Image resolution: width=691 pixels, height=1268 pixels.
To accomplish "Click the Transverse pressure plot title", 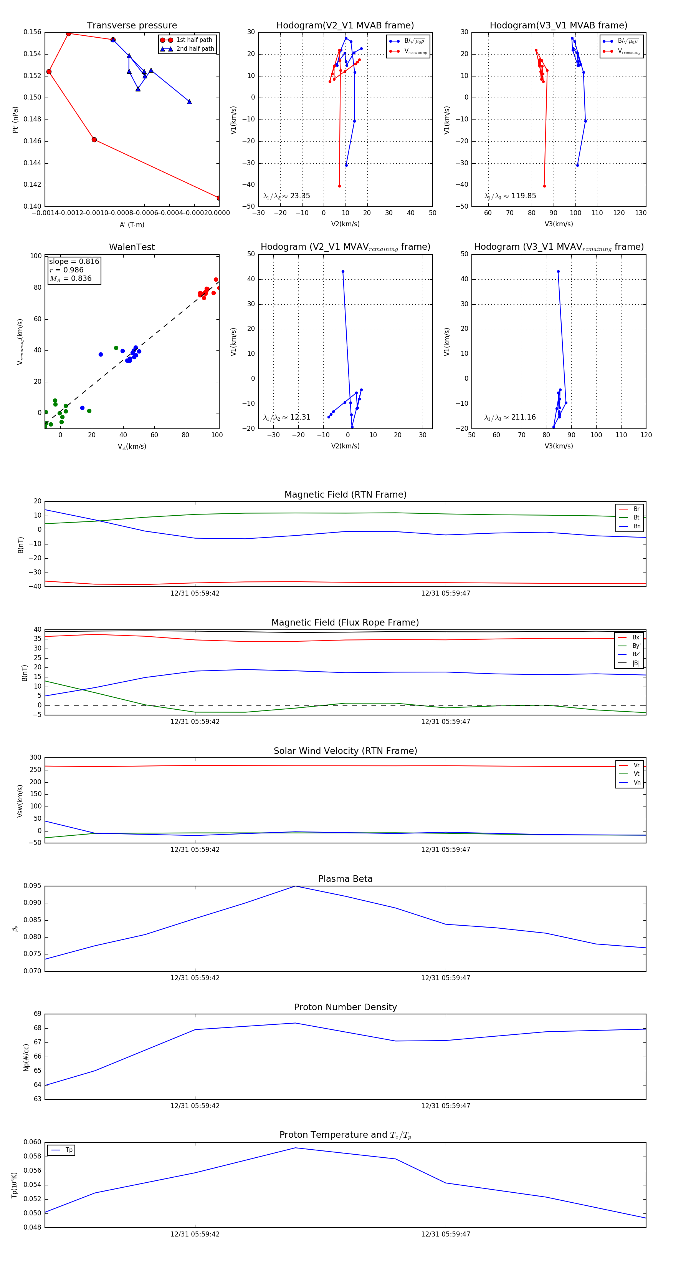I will click(x=132, y=26).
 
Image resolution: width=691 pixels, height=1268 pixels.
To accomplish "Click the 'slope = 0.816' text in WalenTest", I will click(x=74, y=261).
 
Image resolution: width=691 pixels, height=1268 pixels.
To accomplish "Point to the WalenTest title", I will click(x=132, y=247).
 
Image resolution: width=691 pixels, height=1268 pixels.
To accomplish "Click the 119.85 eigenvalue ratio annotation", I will click(x=523, y=196).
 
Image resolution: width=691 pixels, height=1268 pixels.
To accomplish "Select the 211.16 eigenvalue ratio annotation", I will click(x=523, y=417).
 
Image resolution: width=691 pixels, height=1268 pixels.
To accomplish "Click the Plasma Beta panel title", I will click(x=345, y=879).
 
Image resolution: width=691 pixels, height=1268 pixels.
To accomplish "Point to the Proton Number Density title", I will click(x=345, y=1007).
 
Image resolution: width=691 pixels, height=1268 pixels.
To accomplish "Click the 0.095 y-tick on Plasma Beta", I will click(x=33, y=886).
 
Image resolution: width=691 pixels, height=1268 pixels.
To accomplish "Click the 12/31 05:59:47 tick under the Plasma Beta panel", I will click(x=446, y=978).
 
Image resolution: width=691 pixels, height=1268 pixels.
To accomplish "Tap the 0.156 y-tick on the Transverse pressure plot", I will click(x=33, y=33).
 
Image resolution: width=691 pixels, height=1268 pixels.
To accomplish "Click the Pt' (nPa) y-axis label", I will click(x=16, y=119).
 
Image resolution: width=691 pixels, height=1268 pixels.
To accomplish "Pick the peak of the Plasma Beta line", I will click(x=295, y=886).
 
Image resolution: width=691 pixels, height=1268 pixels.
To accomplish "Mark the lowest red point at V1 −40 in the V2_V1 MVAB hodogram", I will click(x=339, y=186).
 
